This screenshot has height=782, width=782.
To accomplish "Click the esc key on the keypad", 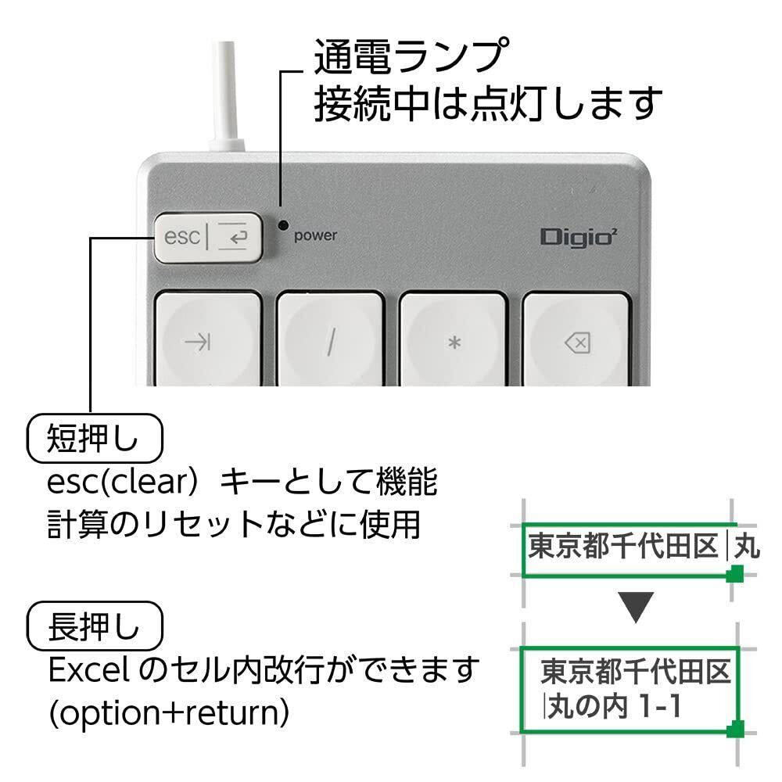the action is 208,237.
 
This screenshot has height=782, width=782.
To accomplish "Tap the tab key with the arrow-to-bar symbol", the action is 208,339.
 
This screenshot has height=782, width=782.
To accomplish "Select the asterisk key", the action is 454,339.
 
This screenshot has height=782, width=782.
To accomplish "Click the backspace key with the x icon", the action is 576,339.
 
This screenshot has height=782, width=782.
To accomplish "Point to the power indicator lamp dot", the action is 284,225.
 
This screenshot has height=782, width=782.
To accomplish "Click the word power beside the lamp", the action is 316,235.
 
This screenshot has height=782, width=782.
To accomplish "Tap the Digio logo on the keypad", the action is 579,236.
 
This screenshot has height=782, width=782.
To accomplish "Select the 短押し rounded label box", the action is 95,439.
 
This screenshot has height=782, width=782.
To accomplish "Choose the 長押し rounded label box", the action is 95,626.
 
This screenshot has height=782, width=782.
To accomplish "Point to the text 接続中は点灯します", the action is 488,104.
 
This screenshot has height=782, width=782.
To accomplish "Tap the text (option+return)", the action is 169,713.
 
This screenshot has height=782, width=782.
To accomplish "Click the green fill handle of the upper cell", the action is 734,574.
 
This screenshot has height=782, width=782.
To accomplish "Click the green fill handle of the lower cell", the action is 735,729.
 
